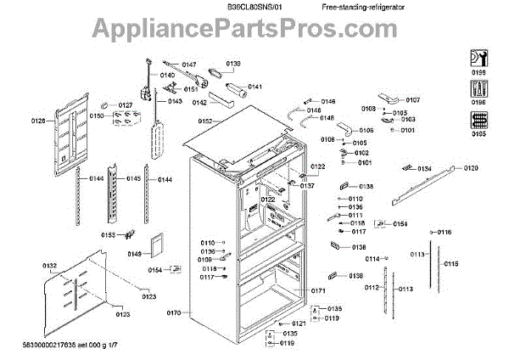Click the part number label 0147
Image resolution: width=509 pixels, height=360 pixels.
(188, 65)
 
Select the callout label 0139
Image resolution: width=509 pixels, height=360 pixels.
(232, 64)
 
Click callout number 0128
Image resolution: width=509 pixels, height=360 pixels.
(39, 121)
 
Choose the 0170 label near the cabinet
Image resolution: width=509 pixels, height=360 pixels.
(174, 313)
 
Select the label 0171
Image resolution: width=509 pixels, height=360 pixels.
(319, 291)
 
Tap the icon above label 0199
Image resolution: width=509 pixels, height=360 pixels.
(478, 60)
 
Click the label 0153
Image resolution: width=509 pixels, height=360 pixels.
(109, 235)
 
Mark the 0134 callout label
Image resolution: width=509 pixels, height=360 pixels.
(424, 169)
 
